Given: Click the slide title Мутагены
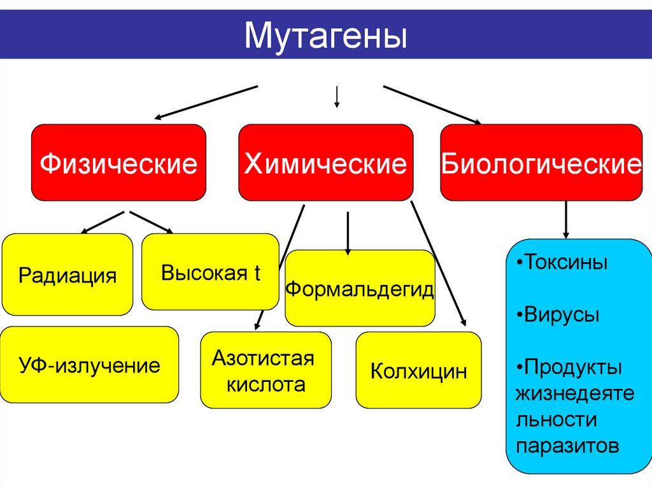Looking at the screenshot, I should [325, 36].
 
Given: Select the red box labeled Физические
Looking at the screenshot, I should [119, 163].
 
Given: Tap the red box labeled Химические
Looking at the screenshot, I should [326, 163].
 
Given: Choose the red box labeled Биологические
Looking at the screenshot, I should [541, 163].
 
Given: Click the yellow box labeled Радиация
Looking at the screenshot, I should [67, 275].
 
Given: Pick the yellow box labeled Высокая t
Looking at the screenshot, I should [210, 272].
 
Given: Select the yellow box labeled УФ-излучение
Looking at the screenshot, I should [89, 365].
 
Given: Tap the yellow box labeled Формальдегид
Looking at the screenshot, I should [360, 289].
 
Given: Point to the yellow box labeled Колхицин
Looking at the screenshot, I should [418, 370].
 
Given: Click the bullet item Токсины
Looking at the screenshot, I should [561, 263].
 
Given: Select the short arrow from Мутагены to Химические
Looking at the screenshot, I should [336, 96].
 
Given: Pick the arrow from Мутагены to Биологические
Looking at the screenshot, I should [432, 104].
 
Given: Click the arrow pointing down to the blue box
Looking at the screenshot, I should [565, 220].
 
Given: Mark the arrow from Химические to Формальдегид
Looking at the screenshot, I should [348, 233].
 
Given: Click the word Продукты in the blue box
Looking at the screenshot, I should [572, 367].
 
